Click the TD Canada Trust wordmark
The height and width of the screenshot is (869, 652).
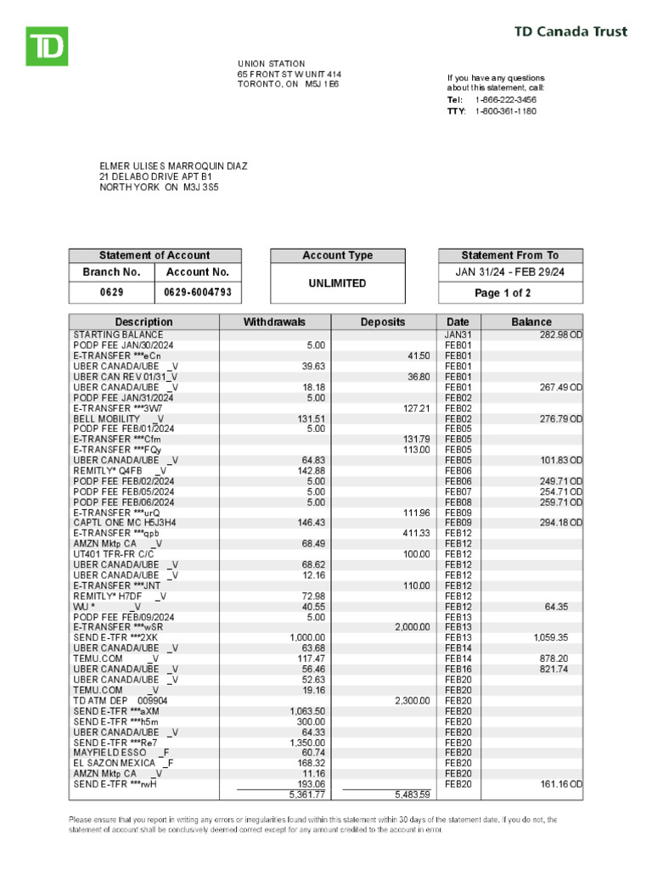(570, 31)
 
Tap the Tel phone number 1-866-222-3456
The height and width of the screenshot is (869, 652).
(505, 99)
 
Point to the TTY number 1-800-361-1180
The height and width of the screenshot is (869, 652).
(505, 110)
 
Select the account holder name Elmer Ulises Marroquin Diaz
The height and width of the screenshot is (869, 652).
(173, 165)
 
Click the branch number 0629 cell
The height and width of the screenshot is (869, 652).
(110, 292)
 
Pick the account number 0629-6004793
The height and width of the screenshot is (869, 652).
(197, 292)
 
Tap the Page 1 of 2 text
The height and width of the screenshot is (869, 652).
(510, 293)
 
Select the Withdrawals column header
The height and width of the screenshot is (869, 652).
(274, 322)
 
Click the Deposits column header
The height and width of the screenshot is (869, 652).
(383, 322)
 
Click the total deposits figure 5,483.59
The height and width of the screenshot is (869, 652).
(413, 794)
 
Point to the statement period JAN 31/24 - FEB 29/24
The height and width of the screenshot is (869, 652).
(510, 272)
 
